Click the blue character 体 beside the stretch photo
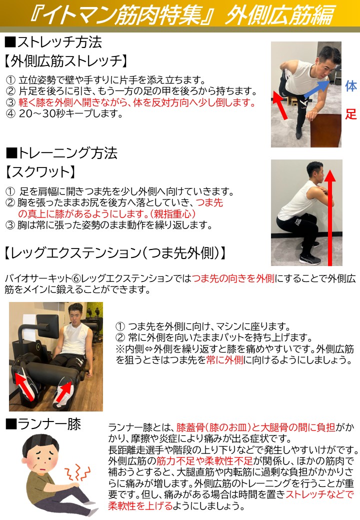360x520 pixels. pos(351,86)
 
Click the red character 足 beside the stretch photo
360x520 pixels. pos(351,114)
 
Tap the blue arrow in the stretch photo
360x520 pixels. pos(316,89)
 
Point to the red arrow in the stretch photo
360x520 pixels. pos(279,105)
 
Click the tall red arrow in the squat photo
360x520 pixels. pos(330,217)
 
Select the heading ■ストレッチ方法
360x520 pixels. pos(53,42)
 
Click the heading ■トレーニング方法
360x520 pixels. pos(61,153)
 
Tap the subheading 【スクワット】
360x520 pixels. pos(40,172)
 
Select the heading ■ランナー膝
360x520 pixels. pos(43,424)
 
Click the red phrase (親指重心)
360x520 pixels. pos(172,214)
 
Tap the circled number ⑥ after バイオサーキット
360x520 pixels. pos(76,278)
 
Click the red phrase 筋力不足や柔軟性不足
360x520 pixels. pos(204,461)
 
